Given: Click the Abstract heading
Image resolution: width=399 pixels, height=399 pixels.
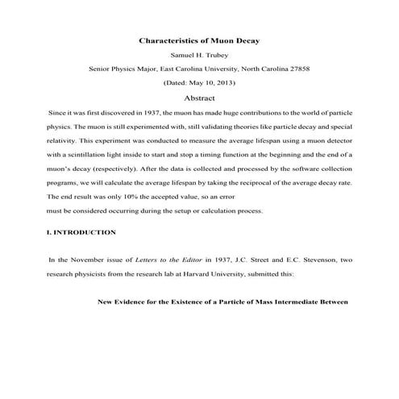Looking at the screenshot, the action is click(x=199, y=98).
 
